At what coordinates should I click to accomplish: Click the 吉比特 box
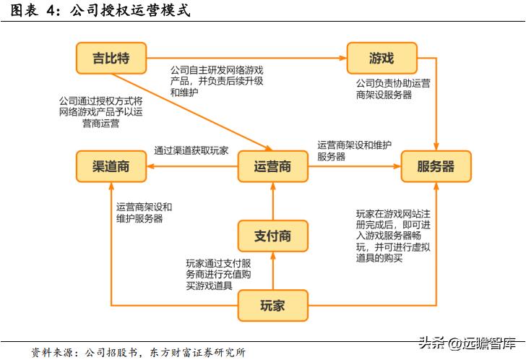[111, 59]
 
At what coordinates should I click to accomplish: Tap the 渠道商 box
[111, 166]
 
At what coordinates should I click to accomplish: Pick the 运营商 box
[273, 166]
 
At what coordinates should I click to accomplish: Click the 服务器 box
[436, 166]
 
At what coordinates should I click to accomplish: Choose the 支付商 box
[273, 236]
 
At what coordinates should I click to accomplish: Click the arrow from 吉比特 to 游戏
[246, 58]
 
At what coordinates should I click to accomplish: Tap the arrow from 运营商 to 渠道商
[191, 166]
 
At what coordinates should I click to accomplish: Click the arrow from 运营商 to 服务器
[354, 166]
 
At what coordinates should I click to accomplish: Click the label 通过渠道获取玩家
[191, 150]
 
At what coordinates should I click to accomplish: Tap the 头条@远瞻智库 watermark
[470, 342]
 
